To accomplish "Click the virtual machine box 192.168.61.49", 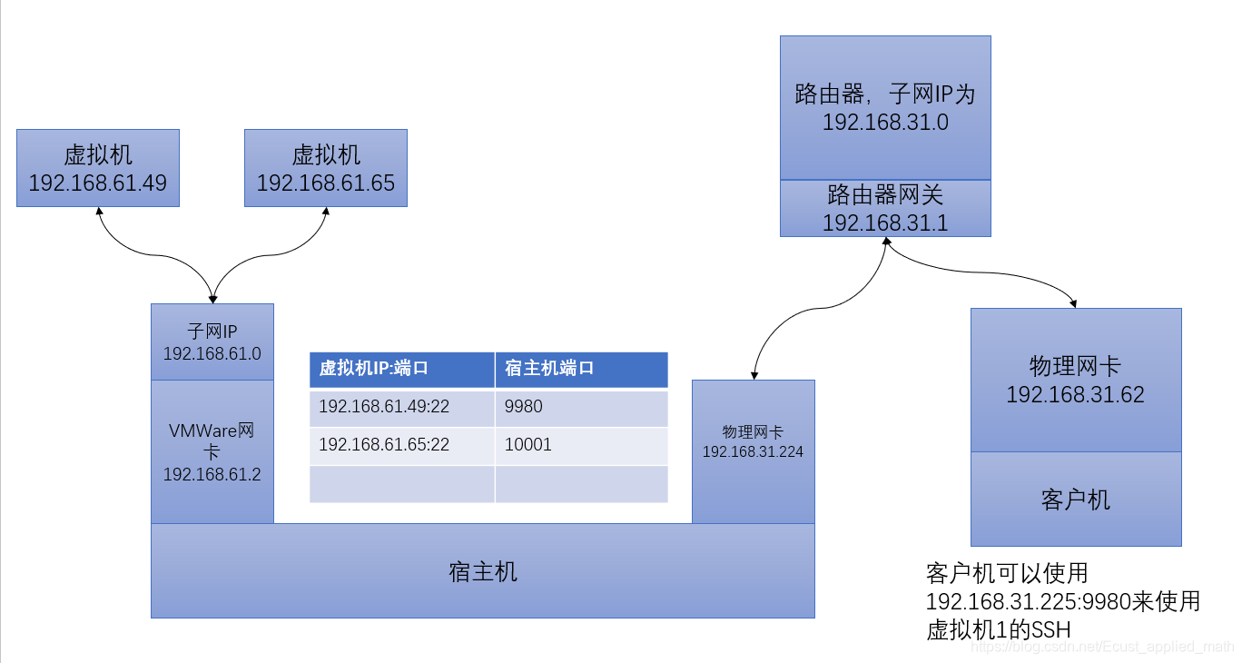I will pos(98,168).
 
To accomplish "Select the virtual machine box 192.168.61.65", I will pos(326,168).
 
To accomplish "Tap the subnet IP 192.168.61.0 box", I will pos(212,342).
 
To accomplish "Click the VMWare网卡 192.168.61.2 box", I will pos(212,451).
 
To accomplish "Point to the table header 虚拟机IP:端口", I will pos(401,369).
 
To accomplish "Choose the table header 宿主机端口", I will pos(581,369).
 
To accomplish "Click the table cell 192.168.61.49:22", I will pos(401,407).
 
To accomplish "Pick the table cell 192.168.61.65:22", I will pos(401,445).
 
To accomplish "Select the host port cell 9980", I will pos(581,407).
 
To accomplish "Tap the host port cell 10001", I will pos(581,445).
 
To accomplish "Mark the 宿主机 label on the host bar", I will pos(483,571).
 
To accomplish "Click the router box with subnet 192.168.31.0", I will pos(885,107).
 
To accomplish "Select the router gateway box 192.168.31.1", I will pos(885,208).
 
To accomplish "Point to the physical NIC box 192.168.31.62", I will pos(1076,380).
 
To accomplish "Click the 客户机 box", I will pos(1076,499).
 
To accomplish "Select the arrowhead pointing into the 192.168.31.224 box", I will pos(753,374).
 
